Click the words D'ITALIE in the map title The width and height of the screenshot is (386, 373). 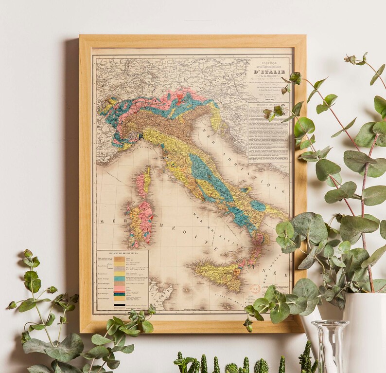point(269,72)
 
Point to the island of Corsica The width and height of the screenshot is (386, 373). point(144,181)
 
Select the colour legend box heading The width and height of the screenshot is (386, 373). point(122,254)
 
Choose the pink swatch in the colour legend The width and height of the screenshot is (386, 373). point(119,284)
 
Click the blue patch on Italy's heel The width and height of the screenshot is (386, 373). point(258,205)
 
